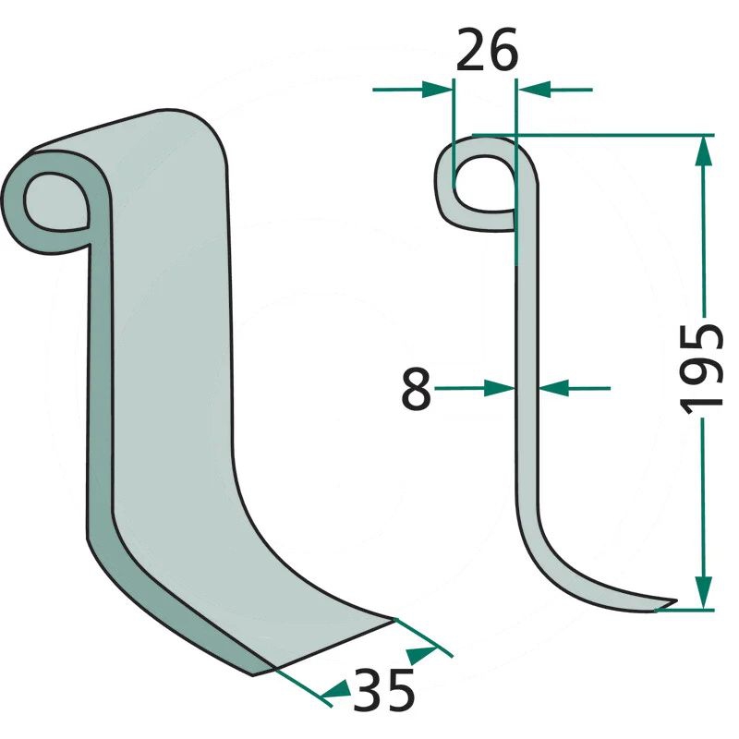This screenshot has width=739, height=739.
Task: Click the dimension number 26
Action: coord(487,50)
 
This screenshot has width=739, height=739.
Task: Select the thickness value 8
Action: coord(417,389)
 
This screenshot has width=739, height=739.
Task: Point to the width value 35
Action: coord(383,689)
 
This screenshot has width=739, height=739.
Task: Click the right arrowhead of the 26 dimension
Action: coord(534,89)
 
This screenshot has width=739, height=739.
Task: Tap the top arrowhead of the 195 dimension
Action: coord(704,151)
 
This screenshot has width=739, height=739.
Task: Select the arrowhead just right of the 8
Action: coord(500,388)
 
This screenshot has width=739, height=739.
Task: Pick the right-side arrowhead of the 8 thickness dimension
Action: coord(553,388)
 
